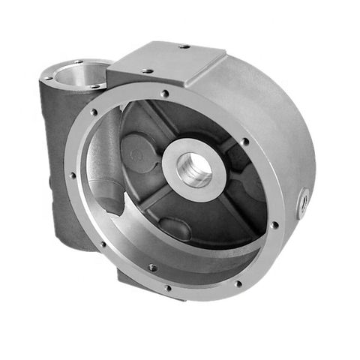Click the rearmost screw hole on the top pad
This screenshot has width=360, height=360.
click(x=182, y=46)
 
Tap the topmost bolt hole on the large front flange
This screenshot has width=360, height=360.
click(x=164, y=94)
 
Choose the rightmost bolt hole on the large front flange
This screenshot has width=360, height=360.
click(x=275, y=224)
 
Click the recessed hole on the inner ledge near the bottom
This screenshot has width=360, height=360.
click(x=153, y=267)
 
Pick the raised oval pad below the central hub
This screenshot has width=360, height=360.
click(x=173, y=227)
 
